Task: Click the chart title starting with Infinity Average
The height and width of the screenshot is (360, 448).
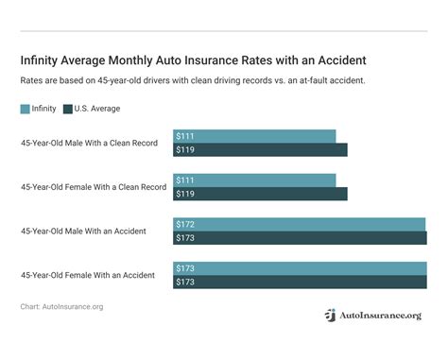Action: coord(193,60)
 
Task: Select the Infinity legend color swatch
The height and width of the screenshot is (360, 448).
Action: coord(26,110)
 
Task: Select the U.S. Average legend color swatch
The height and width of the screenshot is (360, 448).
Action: coord(68,110)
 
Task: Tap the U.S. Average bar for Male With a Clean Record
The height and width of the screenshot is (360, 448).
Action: coord(261,149)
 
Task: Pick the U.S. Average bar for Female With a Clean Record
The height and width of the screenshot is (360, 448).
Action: coord(261,194)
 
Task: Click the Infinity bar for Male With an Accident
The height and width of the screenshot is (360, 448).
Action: coord(300,225)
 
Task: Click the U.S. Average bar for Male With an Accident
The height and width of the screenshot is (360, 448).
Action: coord(301,237)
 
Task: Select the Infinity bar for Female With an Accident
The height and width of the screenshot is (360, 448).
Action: coord(301,268)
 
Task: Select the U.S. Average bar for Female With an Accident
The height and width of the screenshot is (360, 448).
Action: coord(301,282)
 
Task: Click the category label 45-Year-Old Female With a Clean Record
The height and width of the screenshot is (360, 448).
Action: coord(94,187)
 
